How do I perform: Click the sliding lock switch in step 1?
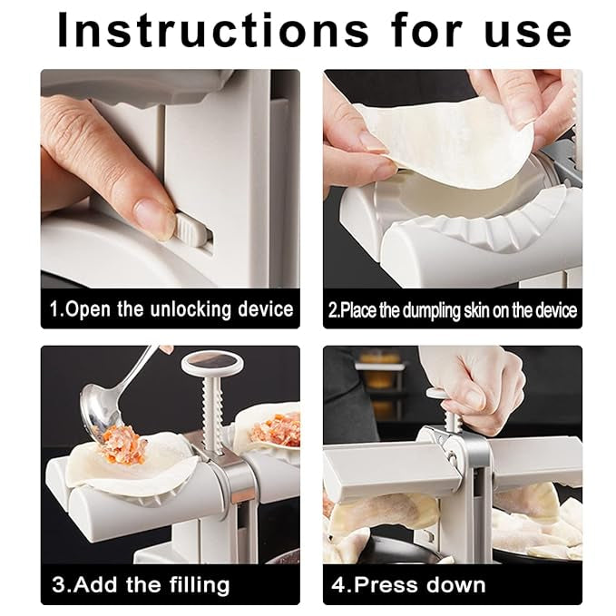pos(190,230)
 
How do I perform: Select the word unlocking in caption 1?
pos(191,309)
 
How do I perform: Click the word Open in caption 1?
pos(88,309)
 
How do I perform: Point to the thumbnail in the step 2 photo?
pos(371,143)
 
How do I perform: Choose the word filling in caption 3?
pos(200,585)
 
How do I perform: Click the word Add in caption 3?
pos(95,584)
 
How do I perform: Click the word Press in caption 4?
pos(385,584)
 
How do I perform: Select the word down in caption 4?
pos(455,584)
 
